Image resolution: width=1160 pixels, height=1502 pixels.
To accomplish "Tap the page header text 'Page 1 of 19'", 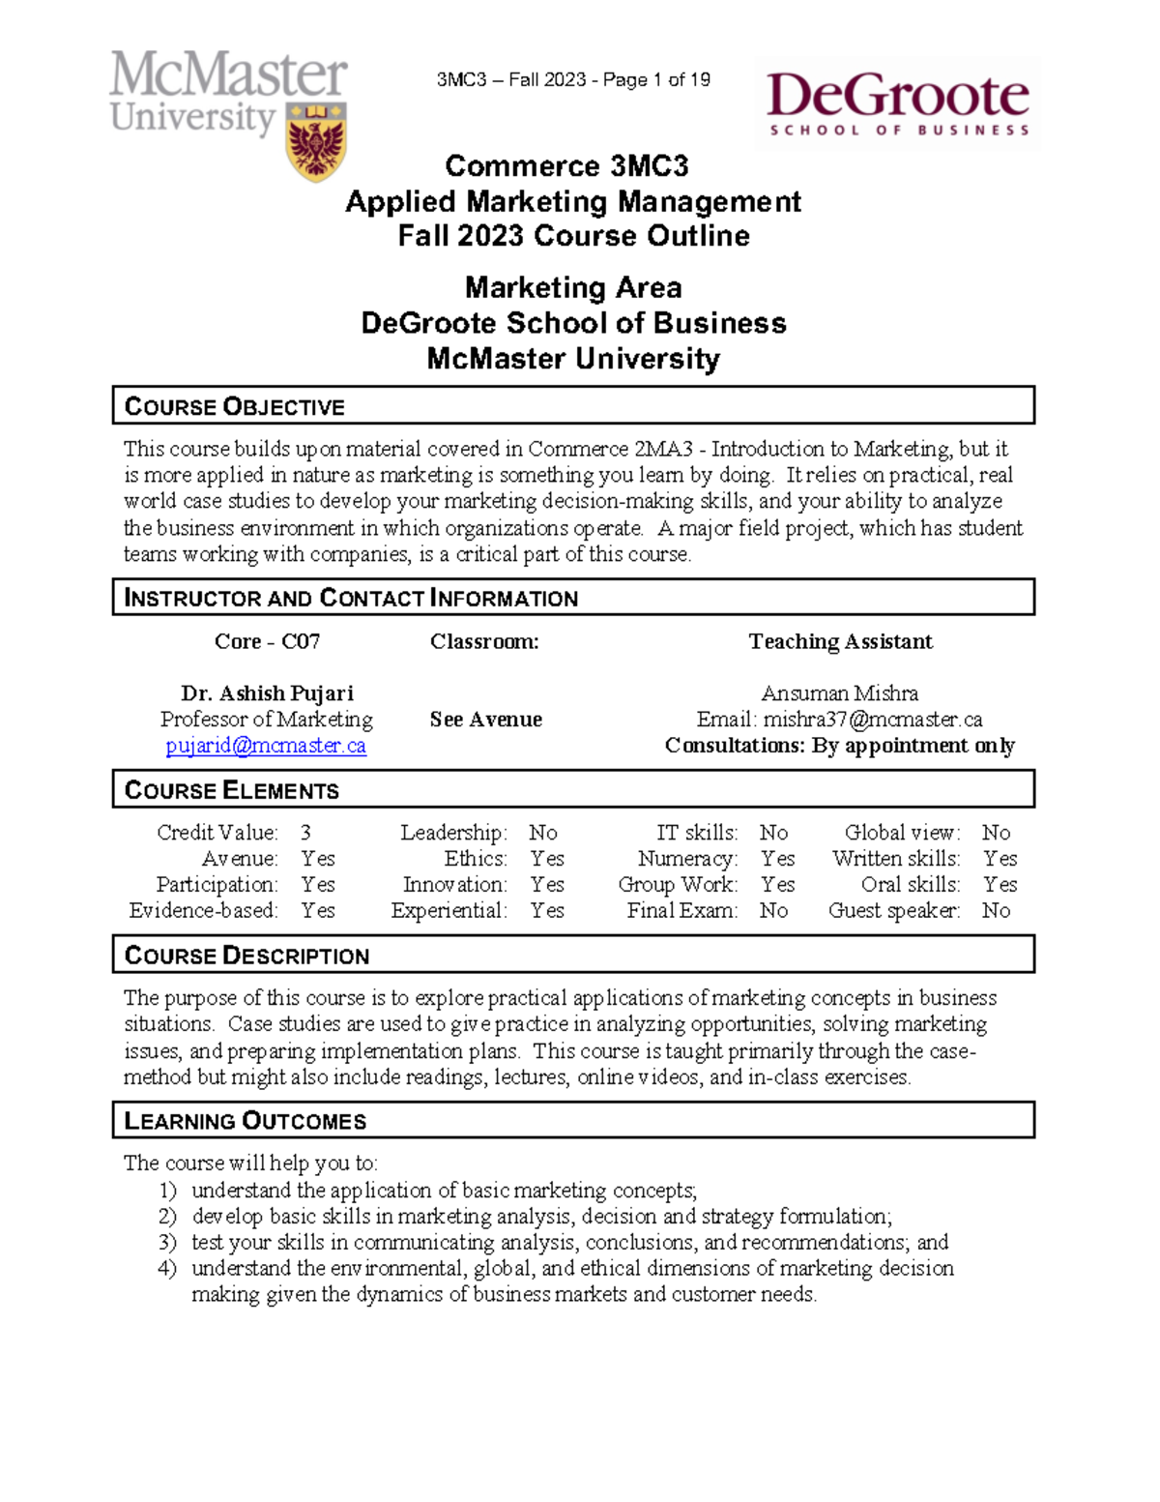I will [656, 80].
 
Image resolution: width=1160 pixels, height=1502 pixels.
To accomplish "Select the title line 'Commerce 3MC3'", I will [566, 166].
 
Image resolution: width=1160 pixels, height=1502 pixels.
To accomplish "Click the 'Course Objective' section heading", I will [234, 406].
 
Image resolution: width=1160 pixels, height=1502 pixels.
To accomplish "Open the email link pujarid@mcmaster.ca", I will [266, 746].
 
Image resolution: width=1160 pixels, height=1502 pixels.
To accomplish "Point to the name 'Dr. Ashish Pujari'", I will [267, 693].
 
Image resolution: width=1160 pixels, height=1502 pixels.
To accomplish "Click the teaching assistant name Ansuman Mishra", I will [839, 693].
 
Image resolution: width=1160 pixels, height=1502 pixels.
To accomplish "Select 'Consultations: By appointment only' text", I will [839, 746].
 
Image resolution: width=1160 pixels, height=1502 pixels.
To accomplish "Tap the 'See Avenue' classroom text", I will [485, 720].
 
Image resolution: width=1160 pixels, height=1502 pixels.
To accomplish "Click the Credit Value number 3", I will [305, 833].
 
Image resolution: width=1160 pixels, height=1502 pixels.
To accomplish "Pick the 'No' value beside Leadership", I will [542, 833].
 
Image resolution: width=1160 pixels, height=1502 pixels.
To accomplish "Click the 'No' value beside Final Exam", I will [773, 911].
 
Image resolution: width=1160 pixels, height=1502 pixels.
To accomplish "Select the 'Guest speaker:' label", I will [894, 911].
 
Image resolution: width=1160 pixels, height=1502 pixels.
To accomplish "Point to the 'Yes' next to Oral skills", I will [1000, 885].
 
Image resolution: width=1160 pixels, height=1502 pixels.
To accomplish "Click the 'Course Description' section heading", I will [246, 956].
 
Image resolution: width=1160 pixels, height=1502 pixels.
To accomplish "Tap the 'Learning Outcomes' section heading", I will [245, 1121].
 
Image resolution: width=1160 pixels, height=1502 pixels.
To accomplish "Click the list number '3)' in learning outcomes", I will [167, 1243].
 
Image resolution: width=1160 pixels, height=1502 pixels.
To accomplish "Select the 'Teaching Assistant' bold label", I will [840, 642].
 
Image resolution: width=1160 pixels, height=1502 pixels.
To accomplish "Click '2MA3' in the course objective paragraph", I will [663, 449].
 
